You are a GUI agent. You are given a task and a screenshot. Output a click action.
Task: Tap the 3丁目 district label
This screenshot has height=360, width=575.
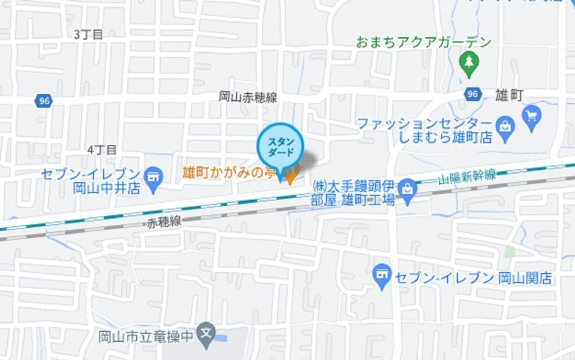89,34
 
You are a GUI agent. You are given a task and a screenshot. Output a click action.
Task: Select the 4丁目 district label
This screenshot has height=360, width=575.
102,150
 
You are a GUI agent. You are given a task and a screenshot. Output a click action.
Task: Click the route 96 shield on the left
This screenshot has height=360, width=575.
44,101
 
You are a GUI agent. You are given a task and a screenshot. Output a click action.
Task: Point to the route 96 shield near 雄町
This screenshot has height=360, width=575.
472,94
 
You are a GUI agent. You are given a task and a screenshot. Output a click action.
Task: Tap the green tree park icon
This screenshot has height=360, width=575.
469,62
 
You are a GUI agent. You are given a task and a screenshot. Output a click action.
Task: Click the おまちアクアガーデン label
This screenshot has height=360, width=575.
424,42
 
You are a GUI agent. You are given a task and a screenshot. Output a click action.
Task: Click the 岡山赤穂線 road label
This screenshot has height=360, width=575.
248,97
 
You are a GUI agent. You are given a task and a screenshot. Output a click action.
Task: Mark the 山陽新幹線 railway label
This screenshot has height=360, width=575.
467,177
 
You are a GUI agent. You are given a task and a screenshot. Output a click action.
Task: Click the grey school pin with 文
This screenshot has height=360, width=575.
207,331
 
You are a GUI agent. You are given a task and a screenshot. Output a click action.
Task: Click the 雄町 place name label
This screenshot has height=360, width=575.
509,95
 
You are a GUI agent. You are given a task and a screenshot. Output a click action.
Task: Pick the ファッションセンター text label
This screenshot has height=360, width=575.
425,123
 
